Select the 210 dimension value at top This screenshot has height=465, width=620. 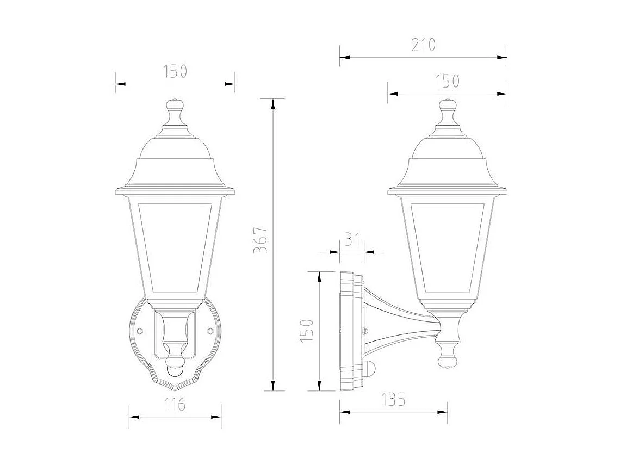click(423, 45)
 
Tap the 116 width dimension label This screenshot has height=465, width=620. click(175, 405)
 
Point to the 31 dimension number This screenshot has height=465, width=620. click(352, 240)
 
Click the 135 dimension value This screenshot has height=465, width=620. click(393, 400)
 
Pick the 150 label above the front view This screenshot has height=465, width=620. click(175, 71)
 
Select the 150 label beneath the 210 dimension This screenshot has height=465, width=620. click(448, 82)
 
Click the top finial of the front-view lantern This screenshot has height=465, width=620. click(175, 110)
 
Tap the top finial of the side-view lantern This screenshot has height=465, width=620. click(447, 110)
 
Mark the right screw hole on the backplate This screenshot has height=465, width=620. click(210, 331)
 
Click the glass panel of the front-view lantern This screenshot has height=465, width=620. click(175, 247)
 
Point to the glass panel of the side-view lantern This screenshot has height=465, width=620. click(447, 247)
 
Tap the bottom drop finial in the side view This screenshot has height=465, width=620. click(448, 356)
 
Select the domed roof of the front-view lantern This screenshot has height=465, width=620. click(175, 147)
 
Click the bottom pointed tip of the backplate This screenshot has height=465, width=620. click(175, 389)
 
